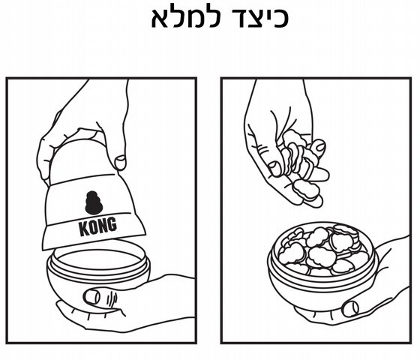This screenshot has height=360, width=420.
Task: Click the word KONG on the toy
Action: [x=98, y=226]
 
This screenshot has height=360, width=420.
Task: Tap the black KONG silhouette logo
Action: [x=94, y=202]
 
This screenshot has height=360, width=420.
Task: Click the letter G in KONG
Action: [x=112, y=224]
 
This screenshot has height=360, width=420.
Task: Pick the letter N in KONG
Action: [x=103, y=226]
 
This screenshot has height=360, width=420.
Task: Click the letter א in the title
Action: [x=161, y=18]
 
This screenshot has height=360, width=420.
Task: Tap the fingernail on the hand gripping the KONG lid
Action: [x=120, y=162]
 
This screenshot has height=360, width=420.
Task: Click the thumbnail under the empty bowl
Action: [x=91, y=297]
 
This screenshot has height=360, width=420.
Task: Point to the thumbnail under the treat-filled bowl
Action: [x=351, y=308]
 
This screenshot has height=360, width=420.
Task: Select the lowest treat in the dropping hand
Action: [x=306, y=190]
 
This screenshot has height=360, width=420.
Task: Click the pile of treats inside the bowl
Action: [x=322, y=250]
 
